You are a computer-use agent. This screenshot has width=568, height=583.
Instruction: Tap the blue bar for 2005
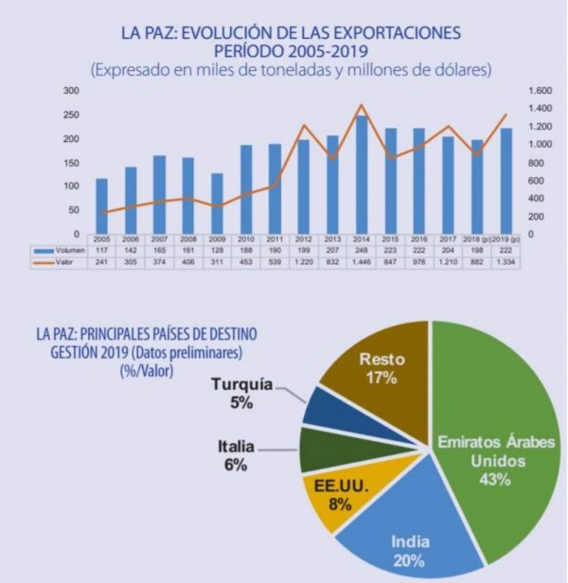[x=101, y=205]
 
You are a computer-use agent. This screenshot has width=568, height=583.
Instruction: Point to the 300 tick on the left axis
[x=72, y=91]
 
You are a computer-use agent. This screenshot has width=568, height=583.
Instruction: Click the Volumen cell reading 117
[x=101, y=251]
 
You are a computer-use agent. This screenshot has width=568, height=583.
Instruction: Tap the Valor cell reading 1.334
[x=505, y=261]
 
